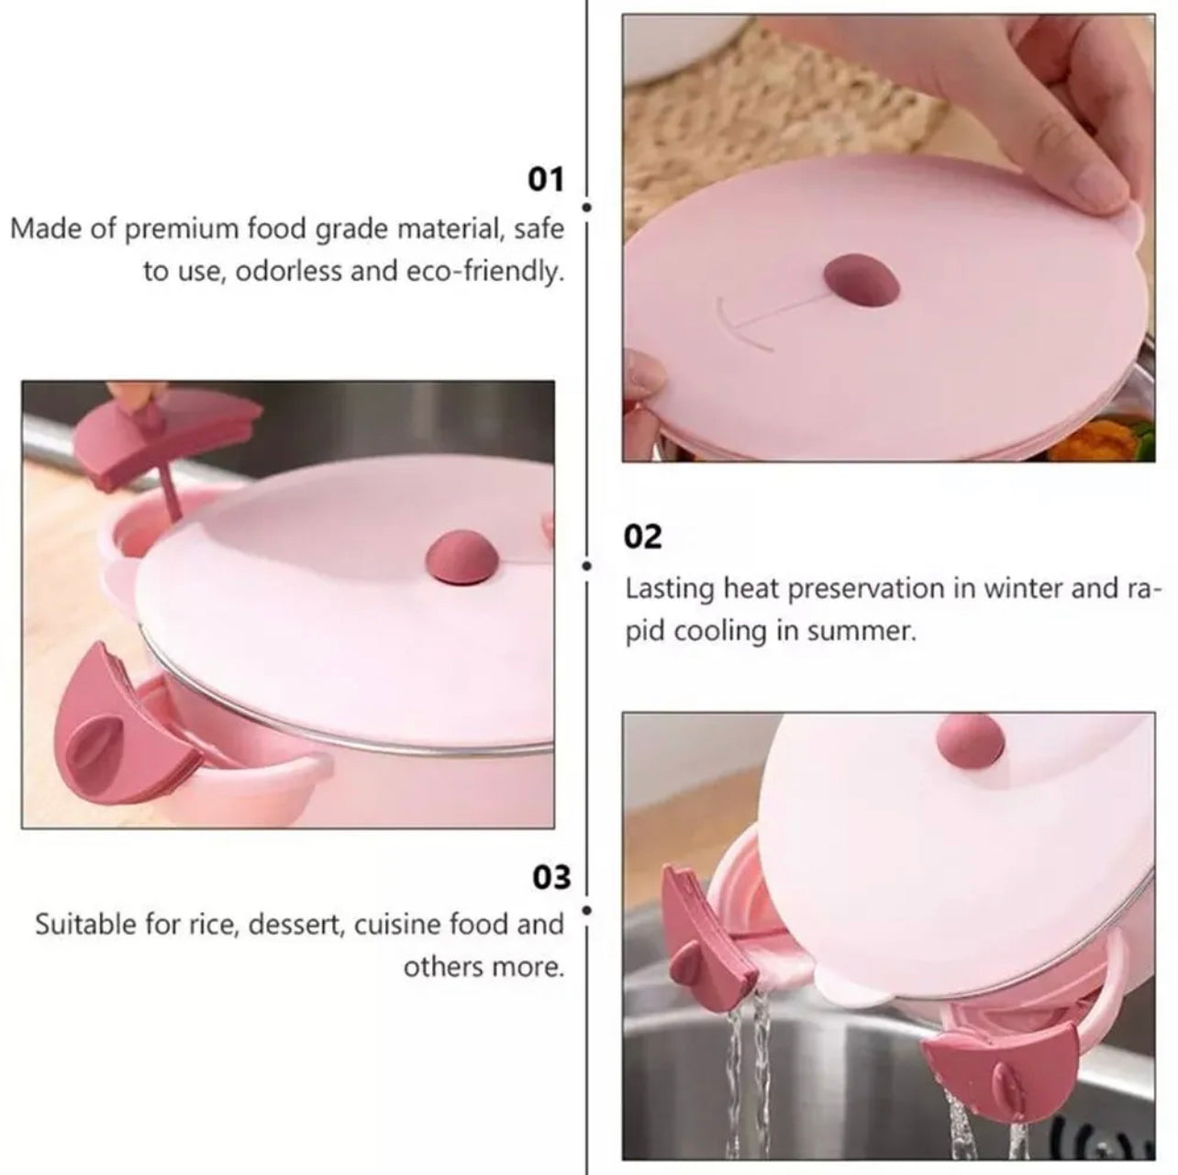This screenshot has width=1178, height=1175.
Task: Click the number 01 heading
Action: click(x=545, y=181)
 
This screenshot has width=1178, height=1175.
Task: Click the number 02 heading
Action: click(x=642, y=537)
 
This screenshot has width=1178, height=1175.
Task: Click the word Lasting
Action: click(x=670, y=590)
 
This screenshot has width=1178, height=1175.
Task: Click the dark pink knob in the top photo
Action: click(x=862, y=282)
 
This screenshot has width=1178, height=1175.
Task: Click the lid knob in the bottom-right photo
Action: click(x=972, y=742)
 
